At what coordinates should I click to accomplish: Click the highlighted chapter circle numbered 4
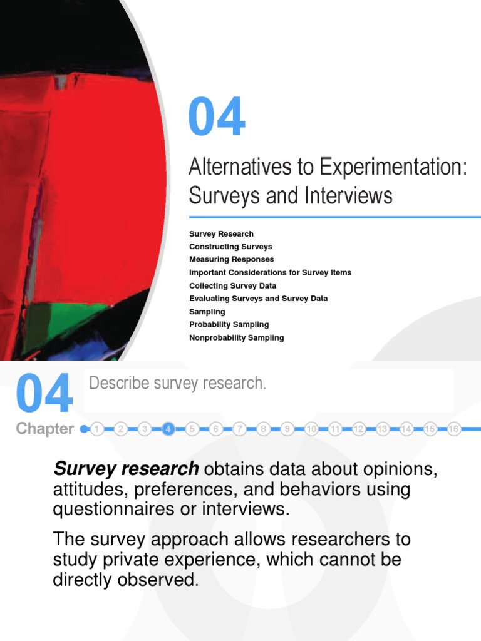pos(168,429)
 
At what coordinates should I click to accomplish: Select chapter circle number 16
pos(454,429)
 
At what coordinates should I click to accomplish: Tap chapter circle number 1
pos(96,429)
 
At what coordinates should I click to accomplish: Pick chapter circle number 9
pos(287,429)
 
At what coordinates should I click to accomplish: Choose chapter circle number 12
pos(359,429)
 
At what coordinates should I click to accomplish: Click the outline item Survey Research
pos(221,233)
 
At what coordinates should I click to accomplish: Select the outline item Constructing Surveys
pos(230,247)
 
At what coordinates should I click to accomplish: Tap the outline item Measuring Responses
pos(231,259)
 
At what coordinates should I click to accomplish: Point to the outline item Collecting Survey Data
pos(232,285)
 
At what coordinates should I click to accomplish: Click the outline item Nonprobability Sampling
pos(236,337)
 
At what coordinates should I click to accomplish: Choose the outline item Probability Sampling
pos(229,324)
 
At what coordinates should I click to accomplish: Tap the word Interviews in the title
pos(349,196)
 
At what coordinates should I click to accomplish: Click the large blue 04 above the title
pos(217,118)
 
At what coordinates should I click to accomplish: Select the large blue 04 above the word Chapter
pos(44,394)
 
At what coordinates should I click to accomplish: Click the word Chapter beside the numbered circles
pos(44,429)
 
